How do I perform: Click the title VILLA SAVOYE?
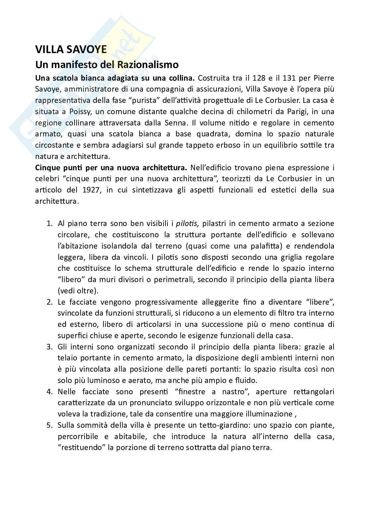tap(71, 49)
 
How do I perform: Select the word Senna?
tap(175, 123)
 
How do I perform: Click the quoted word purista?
tap(143, 101)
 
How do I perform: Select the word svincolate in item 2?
tap(73, 313)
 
